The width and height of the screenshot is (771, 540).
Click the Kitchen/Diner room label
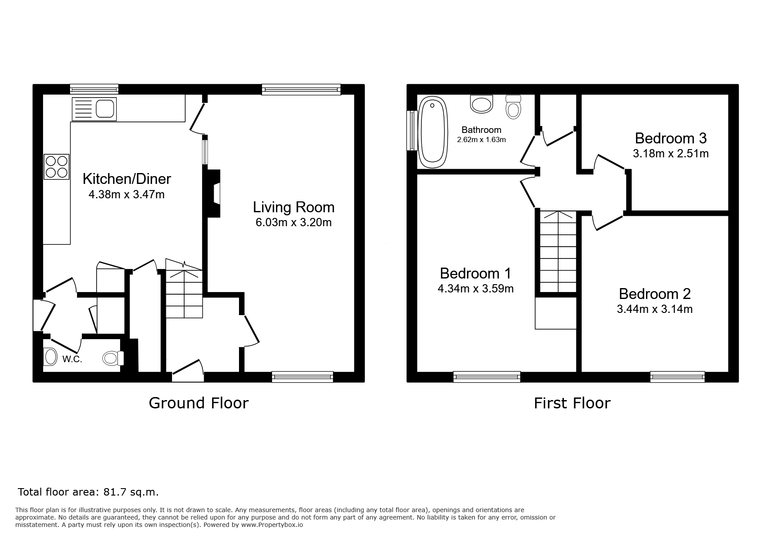click(127, 179)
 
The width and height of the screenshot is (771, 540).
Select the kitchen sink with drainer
click(94, 109)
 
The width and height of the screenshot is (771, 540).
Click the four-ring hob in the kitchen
click(57, 166)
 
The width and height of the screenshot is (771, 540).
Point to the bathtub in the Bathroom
click(433, 132)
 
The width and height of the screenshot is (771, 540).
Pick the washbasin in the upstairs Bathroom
click(482, 104)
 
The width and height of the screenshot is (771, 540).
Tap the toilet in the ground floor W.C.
click(114, 358)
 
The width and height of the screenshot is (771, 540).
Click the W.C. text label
click(72, 360)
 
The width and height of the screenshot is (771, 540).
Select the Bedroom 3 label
click(670, 138)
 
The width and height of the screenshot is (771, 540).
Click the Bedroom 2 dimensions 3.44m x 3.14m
click(655, 309)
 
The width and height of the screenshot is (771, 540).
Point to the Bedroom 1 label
click(475, 273)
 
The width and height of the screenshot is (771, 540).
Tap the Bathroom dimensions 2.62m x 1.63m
click(481, 140)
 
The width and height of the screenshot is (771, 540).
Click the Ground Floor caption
click(199, 403)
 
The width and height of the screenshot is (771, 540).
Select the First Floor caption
click(572, 403)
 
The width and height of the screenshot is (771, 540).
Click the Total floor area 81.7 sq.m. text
click(88, 492)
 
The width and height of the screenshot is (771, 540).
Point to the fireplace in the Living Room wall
click(214, 194)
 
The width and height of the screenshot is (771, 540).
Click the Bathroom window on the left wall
click(412, 131)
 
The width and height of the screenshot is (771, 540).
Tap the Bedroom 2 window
click(677, 377)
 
